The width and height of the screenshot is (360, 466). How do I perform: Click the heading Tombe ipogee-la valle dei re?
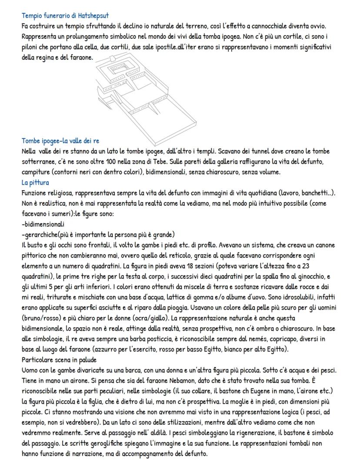[x=60, y=141]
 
